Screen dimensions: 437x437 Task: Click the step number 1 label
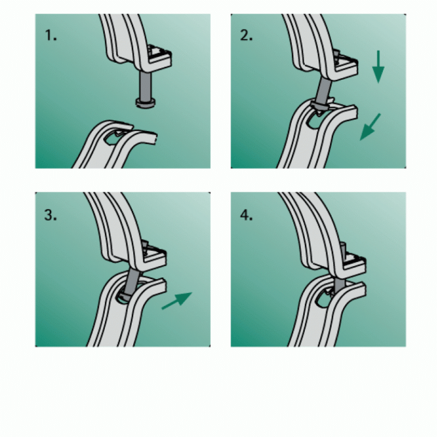(x=51, y=36)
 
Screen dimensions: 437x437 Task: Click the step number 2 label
(x=246, y=36)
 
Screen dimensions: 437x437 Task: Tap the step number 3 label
(x=50, y=215)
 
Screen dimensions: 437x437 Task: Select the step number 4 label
(x=246, y=215)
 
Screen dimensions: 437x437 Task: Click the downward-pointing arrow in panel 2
(x=378, y=67)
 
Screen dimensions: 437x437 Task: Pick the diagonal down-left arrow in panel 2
(x=370, y=127)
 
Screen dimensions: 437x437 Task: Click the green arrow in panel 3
(x=177, y=300)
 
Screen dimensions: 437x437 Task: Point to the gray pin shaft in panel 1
(x=145, y=86)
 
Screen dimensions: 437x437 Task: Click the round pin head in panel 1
(x=145, y=103)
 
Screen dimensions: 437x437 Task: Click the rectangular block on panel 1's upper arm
(x=159, y=57)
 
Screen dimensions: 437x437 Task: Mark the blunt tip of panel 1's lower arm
(x=155, y=138)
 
